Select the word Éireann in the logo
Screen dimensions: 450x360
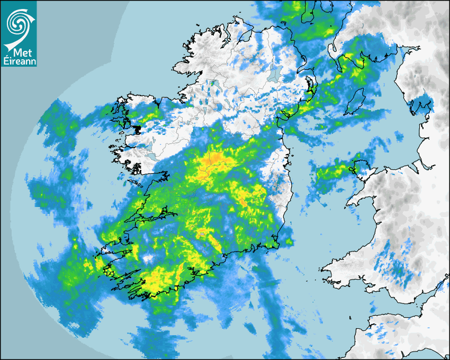tap(19, 61)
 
